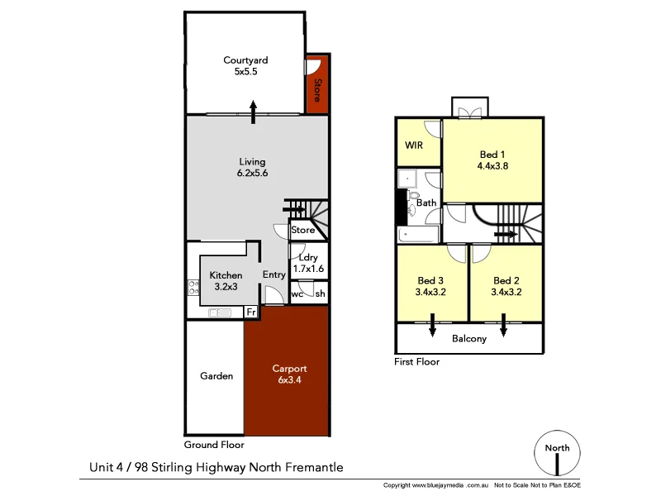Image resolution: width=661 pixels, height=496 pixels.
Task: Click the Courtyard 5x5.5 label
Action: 245,66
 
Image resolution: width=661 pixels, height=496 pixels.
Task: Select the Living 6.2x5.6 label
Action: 253,168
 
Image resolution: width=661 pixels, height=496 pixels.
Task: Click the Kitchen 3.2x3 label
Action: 226,281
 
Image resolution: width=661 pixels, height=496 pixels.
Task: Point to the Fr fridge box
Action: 250,312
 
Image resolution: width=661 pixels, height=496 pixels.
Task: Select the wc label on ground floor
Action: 297,294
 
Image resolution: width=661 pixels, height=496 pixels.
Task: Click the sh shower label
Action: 320,294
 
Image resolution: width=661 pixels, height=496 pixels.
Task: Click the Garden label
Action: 216,376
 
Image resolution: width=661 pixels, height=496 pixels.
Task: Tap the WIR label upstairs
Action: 414,145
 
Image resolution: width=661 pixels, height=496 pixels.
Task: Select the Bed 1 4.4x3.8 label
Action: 492,160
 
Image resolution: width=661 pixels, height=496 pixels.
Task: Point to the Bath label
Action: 426,203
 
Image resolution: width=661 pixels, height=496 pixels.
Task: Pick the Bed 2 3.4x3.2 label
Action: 506,286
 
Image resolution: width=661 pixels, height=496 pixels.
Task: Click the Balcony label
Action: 468,338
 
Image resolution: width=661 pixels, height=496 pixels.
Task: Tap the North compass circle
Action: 556,452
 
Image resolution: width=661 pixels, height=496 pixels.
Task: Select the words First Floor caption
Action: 418,361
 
